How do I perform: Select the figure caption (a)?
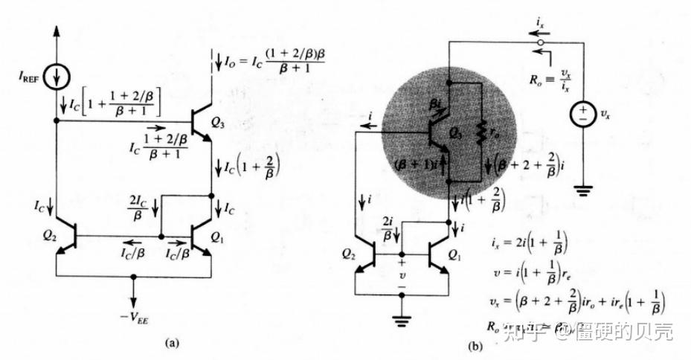pos(172,343)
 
